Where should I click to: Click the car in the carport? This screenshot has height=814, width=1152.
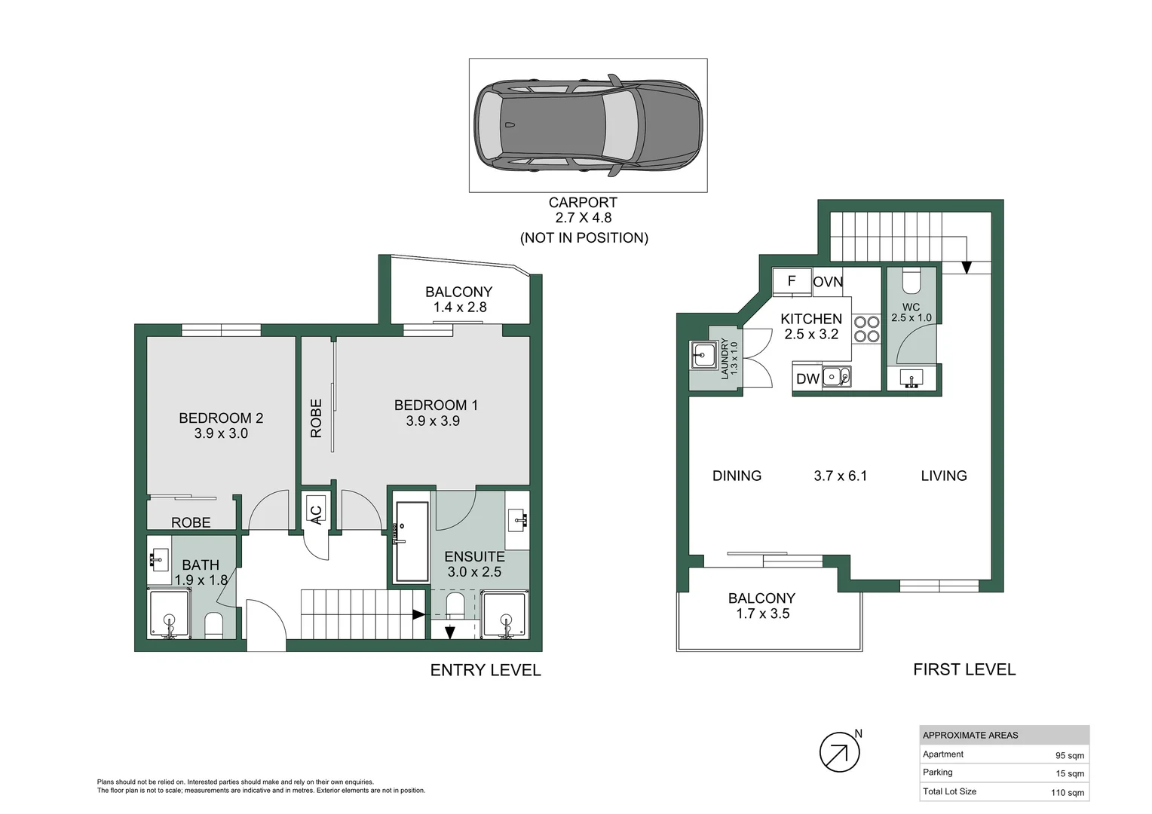pyautogui.click(x=588, y=125)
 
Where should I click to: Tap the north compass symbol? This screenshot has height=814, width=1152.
pyautogui.click(x=839, y=752)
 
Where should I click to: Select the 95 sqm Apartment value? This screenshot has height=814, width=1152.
pyautogui.click(x=1069, y=755)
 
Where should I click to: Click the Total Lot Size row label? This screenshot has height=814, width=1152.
pyautogui.click(x=949, y=791)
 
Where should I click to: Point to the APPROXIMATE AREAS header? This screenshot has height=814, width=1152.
pyautogui.click(x=970, y=735)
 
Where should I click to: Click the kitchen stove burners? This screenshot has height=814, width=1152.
pyautogui.click(x=866, y=329)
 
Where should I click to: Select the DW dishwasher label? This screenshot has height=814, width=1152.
pyautogui.click(x=807, y=379)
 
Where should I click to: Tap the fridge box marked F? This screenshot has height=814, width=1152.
pyautogui.click(x=792, y=281)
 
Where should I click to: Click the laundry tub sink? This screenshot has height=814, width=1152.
pyautogui.click(x=704, y=354)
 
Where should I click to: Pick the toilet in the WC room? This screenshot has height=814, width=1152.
pyautogui.click(x=911, y=282)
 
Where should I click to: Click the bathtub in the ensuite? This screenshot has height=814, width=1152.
pyautogui.click(x=412, y=541)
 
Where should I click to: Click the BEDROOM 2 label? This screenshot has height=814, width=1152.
pyautogui.click(x=221, y=418)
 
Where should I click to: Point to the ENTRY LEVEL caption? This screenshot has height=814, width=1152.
pyautogui.click(x=486, y=670)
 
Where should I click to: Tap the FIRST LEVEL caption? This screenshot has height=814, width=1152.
pyautogui.click(x=964, y=669)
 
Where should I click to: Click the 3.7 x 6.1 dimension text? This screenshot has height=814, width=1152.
pyautogui.click(x=840, y=476)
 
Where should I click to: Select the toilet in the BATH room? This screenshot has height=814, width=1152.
pyautogui.click(x=214, y=625)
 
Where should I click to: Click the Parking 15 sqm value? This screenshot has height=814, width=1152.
pyautogui.click(x=1070, y=773)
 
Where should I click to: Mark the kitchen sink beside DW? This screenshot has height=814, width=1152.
pyautogui.click(x=836, y=376)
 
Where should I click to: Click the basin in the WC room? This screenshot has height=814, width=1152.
pyautogui.click(x=911, y=378)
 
